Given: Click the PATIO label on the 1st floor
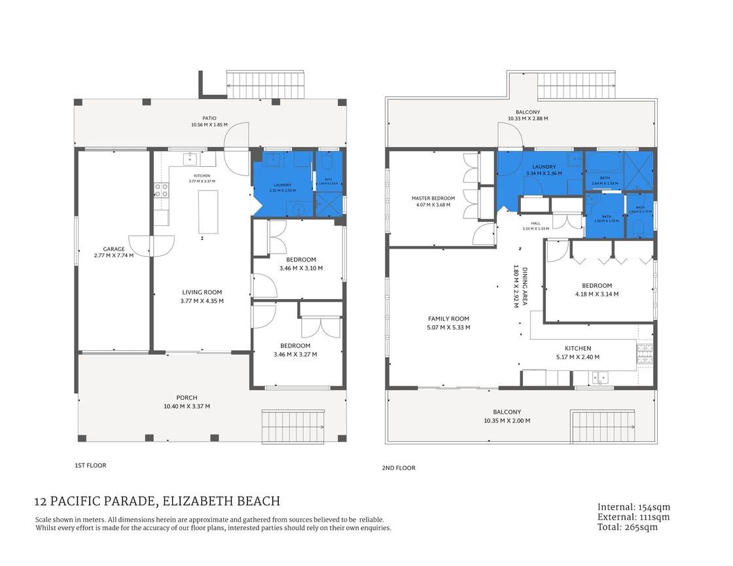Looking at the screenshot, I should (x=209, y=118).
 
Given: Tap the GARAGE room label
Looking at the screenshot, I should (x=113, y=249).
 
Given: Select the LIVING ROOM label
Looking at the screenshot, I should (x=202, y=292).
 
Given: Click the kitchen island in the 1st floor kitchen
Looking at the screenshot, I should (x=208, y=211).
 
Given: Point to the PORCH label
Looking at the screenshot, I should (x=187, y=398).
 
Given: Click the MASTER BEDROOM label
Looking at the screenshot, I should (x=433, y=198).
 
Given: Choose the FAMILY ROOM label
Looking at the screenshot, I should (x=449, y=319).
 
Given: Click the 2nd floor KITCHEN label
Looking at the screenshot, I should (x=578, y=349).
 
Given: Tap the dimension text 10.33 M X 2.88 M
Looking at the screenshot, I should (x=527, y=119).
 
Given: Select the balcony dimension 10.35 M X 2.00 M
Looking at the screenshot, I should (x=507, y=421).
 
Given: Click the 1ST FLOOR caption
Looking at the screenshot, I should (x=90, y=466).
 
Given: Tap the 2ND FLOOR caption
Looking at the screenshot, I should (x=398, y=468).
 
